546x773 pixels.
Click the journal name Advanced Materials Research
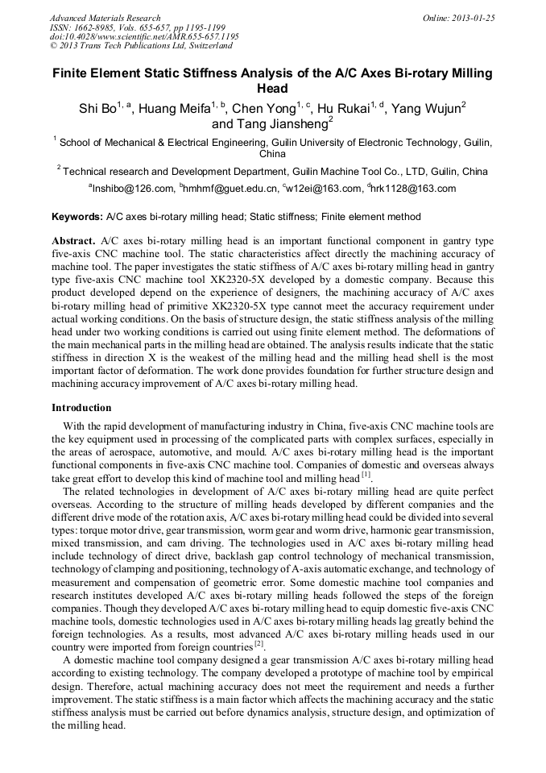click(105, 18)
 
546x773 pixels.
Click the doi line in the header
click(144, 37)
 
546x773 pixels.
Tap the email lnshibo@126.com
click(134, 189)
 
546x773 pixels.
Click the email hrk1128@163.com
click(414, 189)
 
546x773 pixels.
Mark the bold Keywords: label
click(77, 217)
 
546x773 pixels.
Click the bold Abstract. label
click(74, 241)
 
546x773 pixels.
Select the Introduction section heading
click(81, 408)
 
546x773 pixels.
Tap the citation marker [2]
click(259, 646)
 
